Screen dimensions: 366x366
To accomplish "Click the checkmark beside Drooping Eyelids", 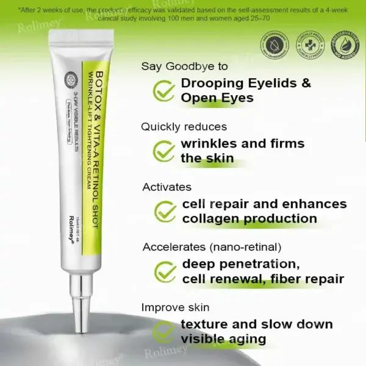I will [x=163, y=90].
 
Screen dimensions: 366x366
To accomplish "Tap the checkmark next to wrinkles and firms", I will [x=163, y=151].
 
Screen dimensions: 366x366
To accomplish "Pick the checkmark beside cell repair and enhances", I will [x=165, y=211].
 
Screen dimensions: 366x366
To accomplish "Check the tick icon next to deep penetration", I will [x=165, y=271].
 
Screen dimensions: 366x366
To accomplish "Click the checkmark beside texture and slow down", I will [x=163, y=331].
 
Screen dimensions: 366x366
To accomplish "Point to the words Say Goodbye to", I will [x=184, y=66].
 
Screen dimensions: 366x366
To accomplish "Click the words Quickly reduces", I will [x=184, y=127].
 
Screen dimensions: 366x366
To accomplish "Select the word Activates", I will [x=167, y=187].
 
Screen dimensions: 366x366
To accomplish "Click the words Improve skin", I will [x=175, y=307].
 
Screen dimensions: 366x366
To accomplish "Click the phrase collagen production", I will [x=249, y=218].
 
